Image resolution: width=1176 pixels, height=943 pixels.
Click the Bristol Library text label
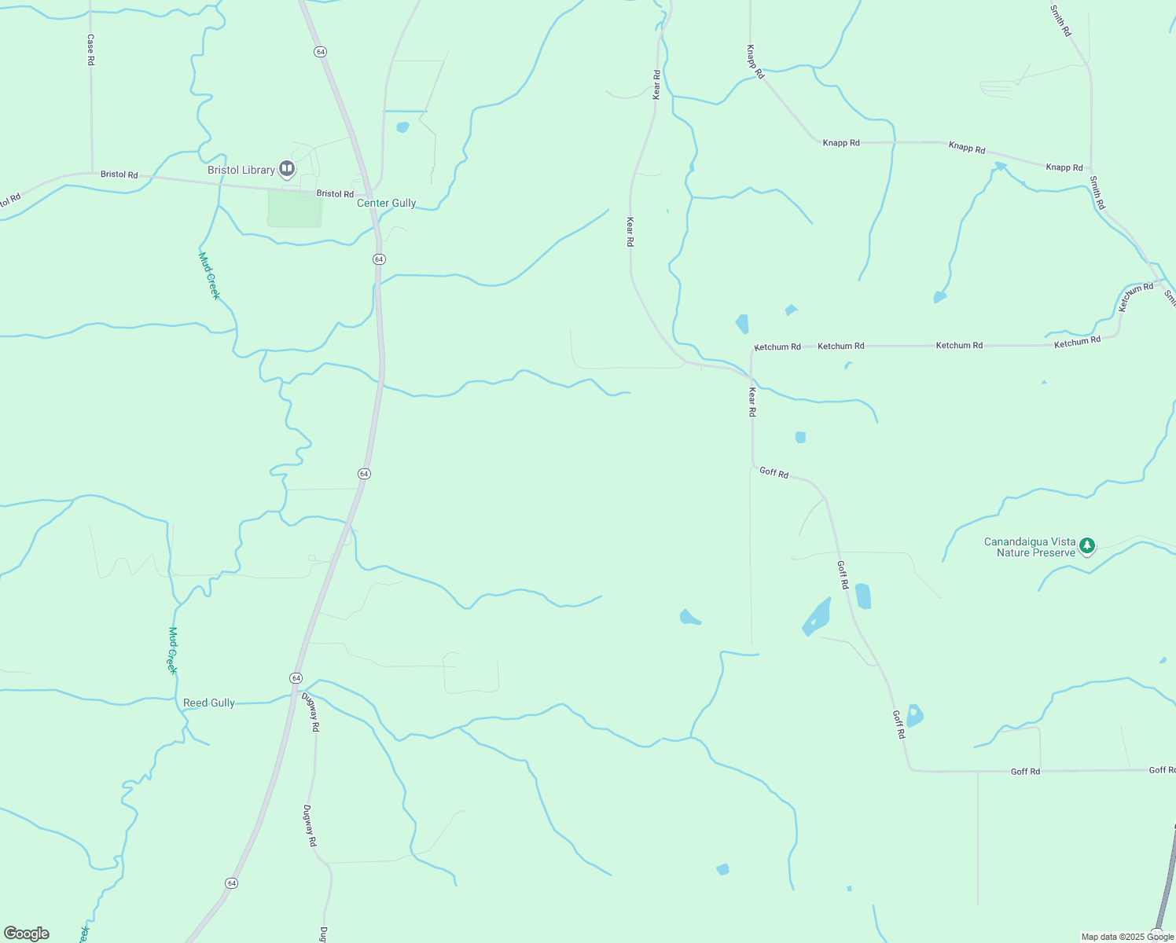pos(241,170)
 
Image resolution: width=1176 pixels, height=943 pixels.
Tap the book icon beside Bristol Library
pos(287,168)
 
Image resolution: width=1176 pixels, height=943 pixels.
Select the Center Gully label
pos(386,203)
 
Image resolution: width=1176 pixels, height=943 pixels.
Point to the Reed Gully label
pos(209,703)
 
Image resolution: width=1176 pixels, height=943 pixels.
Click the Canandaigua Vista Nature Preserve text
pos(1030,547)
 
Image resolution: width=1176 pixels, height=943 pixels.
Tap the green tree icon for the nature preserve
pos(1087,545)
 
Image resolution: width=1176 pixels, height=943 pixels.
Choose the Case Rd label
pos(91,49)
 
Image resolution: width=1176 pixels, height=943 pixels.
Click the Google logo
pos(27,933)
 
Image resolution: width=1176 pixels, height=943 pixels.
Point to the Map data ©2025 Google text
pos(1127,937)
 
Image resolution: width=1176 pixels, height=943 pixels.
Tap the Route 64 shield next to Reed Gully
pos(296,677)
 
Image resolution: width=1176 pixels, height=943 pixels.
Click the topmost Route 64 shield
pos(320,51)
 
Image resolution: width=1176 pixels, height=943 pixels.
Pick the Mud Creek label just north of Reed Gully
pos(173,650)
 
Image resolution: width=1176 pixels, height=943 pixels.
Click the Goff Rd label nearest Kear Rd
pos(774,472)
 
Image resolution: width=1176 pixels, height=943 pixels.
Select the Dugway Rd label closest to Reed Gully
pos(314,713)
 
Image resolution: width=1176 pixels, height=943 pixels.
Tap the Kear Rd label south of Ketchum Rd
pos(752,402)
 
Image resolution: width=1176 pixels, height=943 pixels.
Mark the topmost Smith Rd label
pos(1060,20)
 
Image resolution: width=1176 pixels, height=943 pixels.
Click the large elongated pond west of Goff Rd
pos(818,616)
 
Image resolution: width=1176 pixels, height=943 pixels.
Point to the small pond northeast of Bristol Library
pos(402,127)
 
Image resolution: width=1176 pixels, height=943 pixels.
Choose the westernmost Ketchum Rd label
pos(777,347)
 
